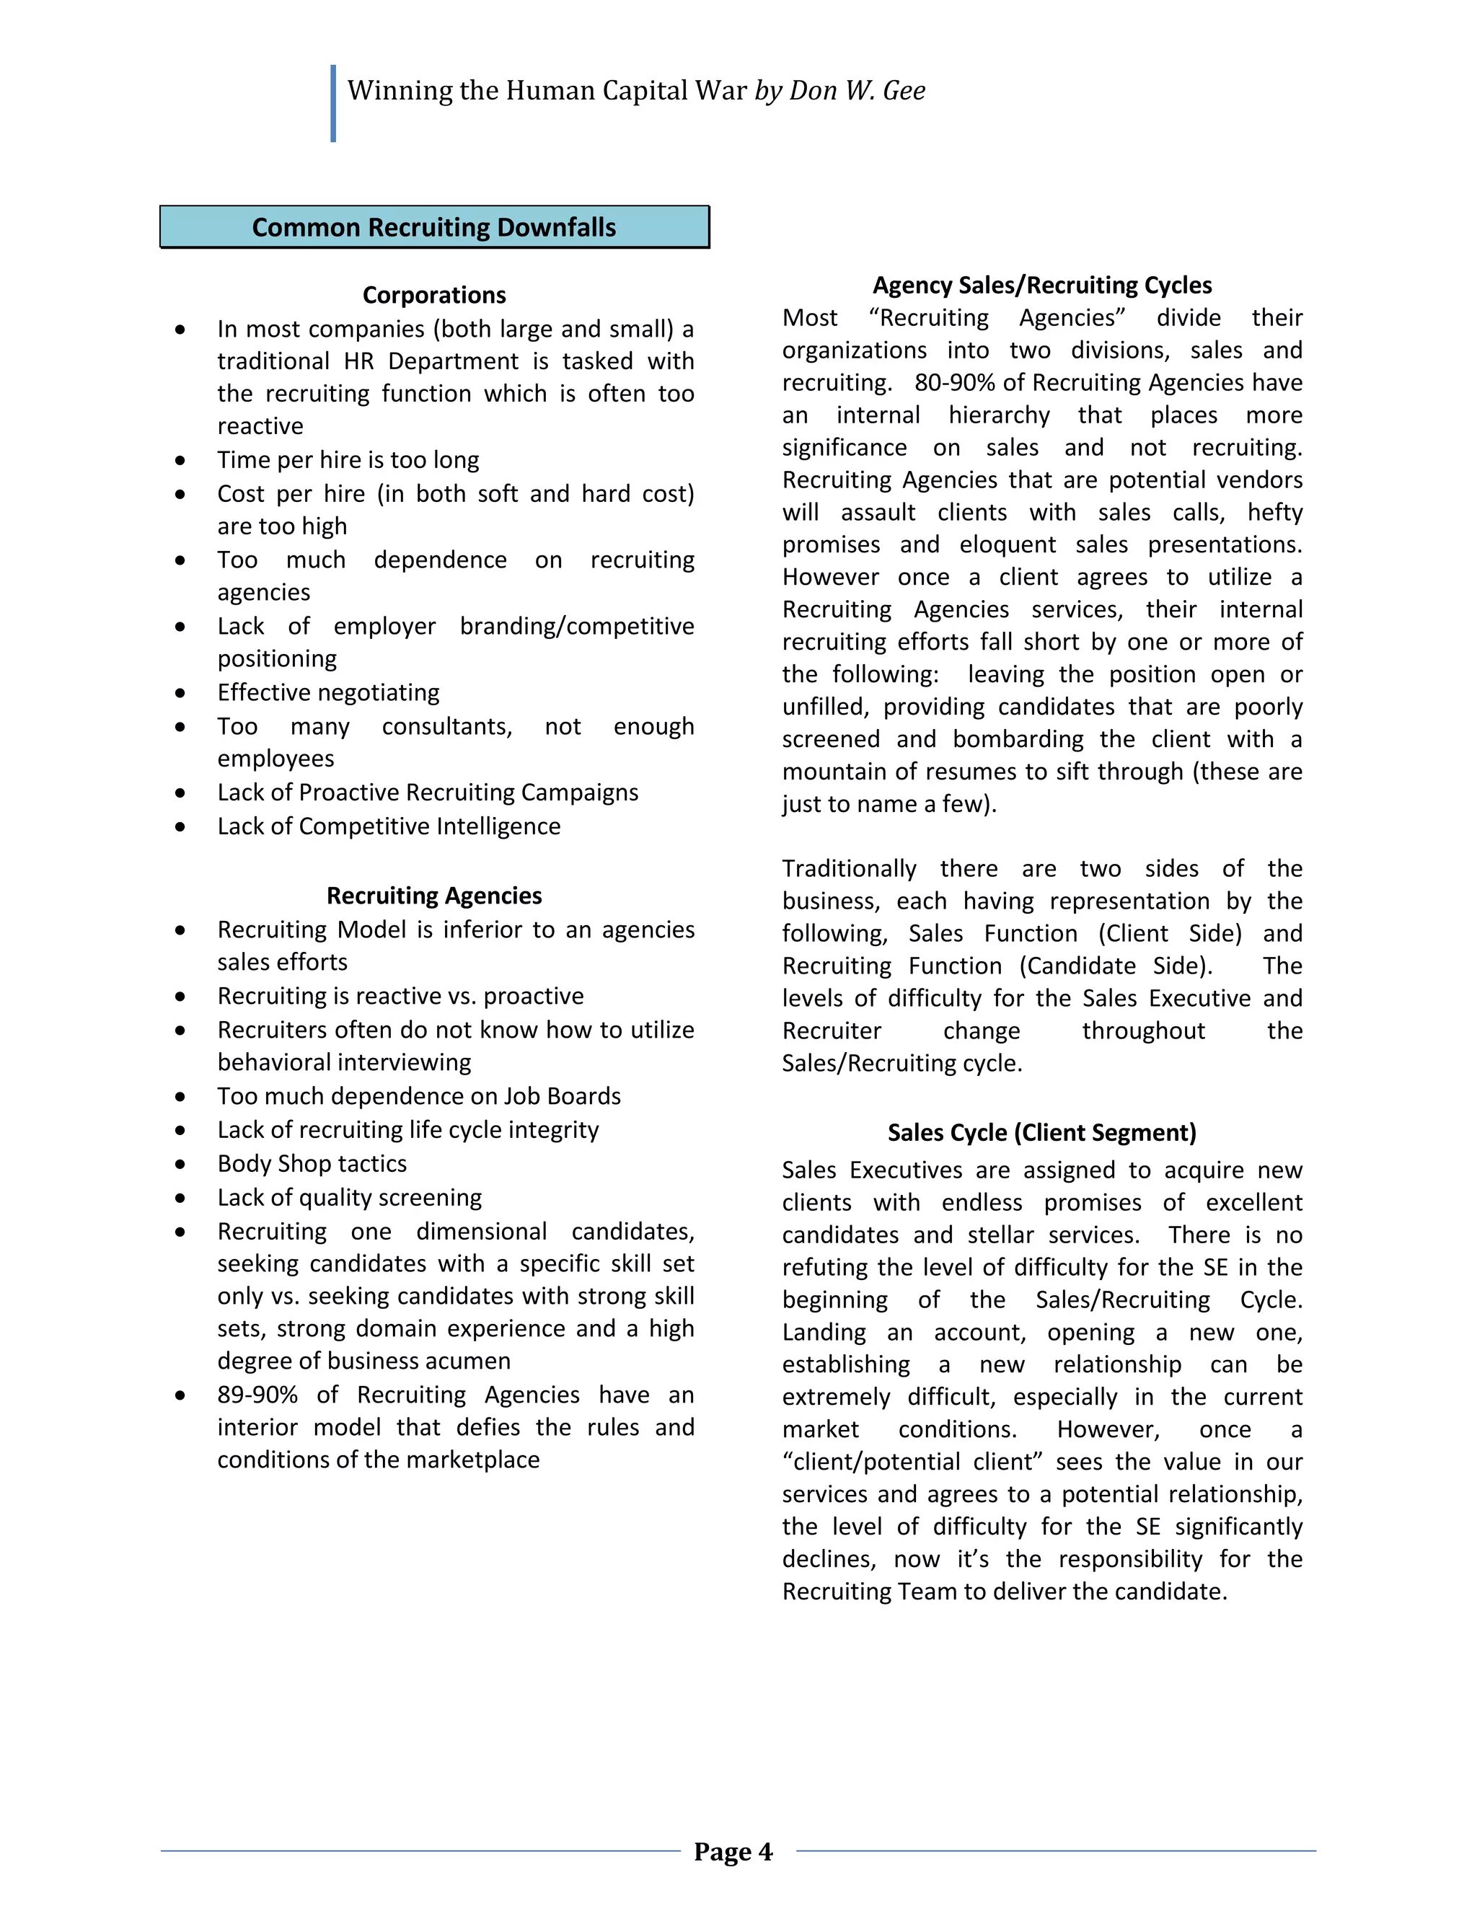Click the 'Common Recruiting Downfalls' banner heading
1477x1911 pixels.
[434, 227]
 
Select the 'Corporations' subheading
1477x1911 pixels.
[434, 295]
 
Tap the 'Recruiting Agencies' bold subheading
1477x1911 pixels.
[434, 895]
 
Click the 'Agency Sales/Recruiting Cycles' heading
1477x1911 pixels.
[1041, 286]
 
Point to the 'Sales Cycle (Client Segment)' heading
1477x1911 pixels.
[1041, 1132]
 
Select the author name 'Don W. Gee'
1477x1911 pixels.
[857, 90]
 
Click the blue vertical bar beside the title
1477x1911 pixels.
[333, 103]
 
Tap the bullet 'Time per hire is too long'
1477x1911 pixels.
[348, 459]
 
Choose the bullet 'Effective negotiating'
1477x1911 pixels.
[328, 692]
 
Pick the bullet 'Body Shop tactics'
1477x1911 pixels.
[312, 1163]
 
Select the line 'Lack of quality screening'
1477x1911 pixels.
[349, 1197]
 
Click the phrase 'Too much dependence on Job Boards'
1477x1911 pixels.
[419, 1095]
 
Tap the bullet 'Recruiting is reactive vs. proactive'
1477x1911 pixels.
[400, 996]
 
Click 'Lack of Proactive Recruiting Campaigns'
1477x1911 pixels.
[428, 792]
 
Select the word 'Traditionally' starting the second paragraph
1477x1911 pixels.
[849, 868]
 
